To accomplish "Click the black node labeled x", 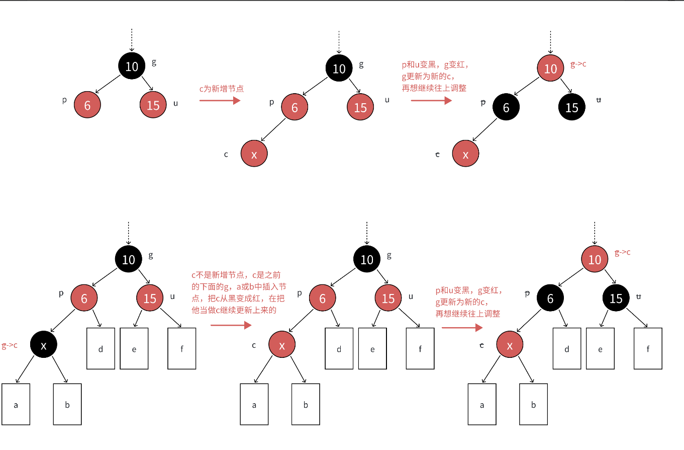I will coord(44,345).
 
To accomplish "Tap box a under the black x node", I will coord(16,404).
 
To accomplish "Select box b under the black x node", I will coord(67,404).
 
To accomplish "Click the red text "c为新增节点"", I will coord(222,88).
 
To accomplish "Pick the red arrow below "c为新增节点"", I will coord(220,101).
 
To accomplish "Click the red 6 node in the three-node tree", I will coord(87,105).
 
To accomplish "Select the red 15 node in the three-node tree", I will coord(153,105).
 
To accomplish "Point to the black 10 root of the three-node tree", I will coord(132,66).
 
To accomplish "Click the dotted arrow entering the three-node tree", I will coord(132,40).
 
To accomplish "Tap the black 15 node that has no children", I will coord(571,107).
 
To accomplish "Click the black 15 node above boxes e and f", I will coord(616,298).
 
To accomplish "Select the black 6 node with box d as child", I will coord(550,298).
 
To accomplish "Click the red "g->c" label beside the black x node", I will coord(10,345).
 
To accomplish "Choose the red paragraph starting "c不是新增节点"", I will coord(239,292).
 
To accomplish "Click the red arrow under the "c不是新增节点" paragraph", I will coord(231,325).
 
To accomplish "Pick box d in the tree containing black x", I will coord(101,348).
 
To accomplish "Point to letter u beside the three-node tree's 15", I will coord(175,103).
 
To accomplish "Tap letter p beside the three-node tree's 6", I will coord(64,100).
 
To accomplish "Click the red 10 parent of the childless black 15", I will coord(551,68).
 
